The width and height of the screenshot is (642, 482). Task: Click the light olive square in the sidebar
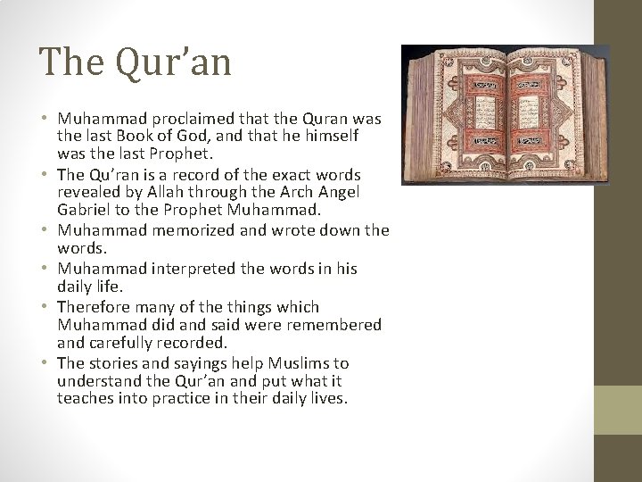click(617, 410)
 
